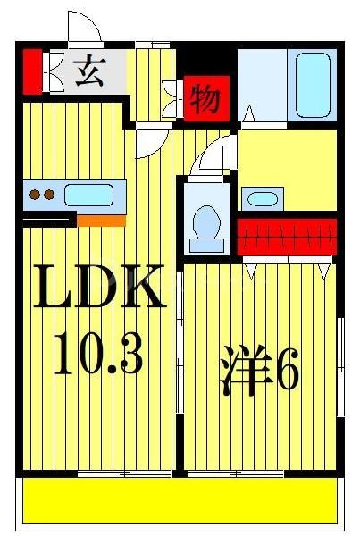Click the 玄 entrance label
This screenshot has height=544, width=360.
coord(90,71)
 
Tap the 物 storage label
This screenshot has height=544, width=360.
coord(206,98)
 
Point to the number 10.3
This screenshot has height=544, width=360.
coord(99,353)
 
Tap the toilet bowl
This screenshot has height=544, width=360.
coord(206,222)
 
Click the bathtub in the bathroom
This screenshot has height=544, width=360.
coord(313,85)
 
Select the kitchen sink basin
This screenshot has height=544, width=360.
coord(89,195)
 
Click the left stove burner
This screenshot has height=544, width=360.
coord(35,195)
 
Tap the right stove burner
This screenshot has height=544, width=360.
coord(49,195)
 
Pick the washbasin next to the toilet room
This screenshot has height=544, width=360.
coord(263,199)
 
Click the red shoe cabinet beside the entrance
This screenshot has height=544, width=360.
coord(32,71)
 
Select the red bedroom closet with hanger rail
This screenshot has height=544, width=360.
coord(287,237)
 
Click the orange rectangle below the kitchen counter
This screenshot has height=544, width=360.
coord(101,221)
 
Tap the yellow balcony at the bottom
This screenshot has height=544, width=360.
coord(180,500)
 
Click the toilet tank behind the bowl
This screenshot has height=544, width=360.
coord(206,246)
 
